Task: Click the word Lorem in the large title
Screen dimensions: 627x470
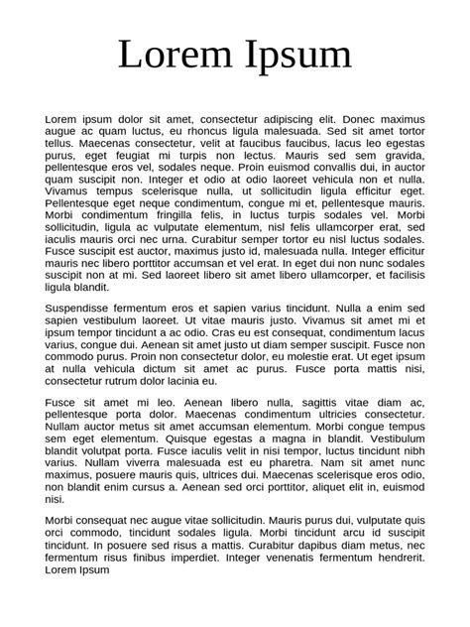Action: click(176, 55)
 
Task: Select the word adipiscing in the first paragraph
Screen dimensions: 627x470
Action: click(283, 119)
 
